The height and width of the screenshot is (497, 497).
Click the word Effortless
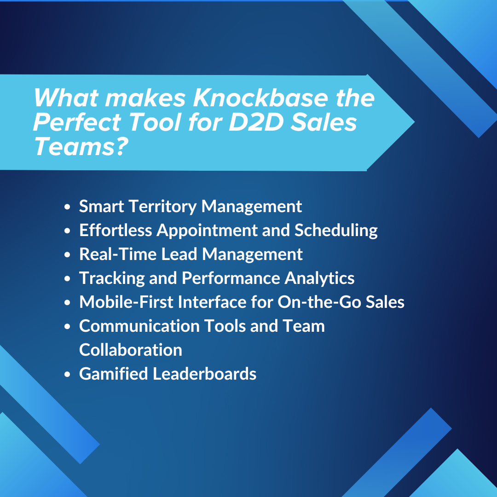(116, 230)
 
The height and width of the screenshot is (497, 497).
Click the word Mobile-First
(126, 302)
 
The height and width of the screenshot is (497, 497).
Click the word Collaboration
(131, 350)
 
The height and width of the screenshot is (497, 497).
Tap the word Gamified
(113, 374)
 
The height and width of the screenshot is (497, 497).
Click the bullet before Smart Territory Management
(68, 207)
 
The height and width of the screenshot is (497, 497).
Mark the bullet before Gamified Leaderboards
(68, 375)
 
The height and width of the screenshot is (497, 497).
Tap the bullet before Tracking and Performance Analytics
(68, 279)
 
